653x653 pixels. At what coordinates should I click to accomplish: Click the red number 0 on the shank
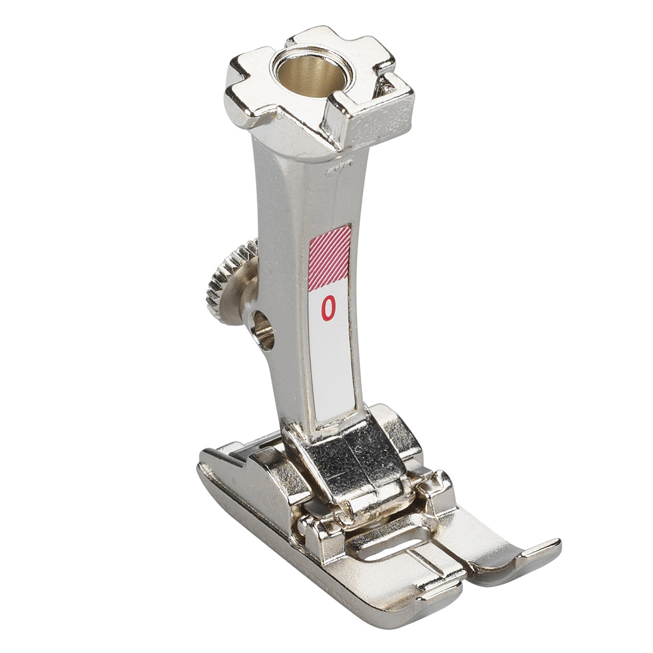[328, 309]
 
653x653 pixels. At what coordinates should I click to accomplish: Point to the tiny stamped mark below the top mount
[340, 167]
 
